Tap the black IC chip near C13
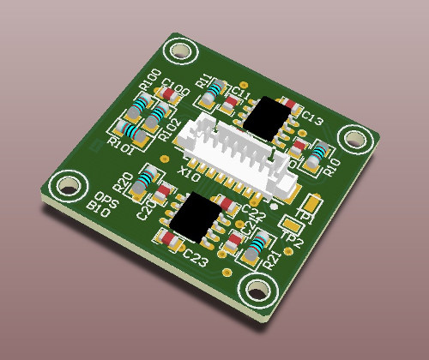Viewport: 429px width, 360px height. (269, 117)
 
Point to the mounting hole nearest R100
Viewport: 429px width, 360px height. (180, 52)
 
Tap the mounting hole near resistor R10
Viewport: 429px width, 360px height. (353, 138)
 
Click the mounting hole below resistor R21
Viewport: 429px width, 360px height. (257, 291)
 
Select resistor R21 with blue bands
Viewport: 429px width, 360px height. (257, 245)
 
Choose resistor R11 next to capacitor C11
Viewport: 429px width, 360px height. (217, 88)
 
